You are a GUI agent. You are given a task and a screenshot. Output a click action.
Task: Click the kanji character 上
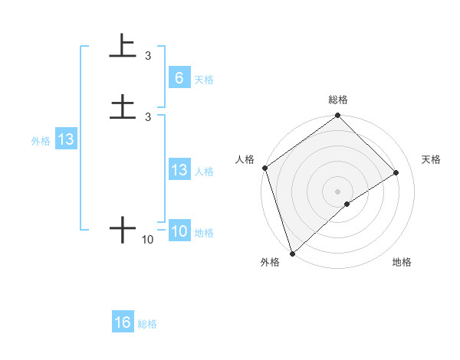click(123, 46)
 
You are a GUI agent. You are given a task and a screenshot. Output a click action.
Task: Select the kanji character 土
click(123, 106)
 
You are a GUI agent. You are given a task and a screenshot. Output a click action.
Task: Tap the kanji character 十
click(123, 229)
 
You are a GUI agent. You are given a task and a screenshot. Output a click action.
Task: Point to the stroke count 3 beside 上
click(148, 56)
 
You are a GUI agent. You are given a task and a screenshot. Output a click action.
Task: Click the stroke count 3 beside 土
click(148, 116)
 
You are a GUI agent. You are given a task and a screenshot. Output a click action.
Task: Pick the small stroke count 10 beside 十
click(148, 240)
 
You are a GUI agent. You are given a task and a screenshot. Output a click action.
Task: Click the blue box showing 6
click(179, 78)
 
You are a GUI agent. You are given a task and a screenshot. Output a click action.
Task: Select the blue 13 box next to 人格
click(179, 170)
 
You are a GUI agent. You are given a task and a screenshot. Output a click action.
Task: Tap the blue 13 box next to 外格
click(66, 140)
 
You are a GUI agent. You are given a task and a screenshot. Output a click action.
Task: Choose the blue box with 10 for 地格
click(179, 231)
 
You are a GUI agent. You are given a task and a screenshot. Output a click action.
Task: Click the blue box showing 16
click(123, 322)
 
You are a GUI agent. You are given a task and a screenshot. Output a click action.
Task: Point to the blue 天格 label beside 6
click(204, 79)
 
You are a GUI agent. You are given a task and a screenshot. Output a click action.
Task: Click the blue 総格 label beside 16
click(147, 324)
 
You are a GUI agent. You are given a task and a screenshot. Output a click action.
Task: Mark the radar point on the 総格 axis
click(338, 116)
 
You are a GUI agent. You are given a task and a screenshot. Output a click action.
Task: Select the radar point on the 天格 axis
click(396, 172)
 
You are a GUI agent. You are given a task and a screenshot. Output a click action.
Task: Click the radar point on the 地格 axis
click(347, 204)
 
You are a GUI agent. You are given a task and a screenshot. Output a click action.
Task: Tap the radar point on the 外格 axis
click(291, 253)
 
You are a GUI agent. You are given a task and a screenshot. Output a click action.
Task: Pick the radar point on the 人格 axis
click(264, 168)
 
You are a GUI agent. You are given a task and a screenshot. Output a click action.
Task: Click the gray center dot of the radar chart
click(338, 191)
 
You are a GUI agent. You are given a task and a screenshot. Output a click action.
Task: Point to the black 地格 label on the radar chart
click(402, 263)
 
